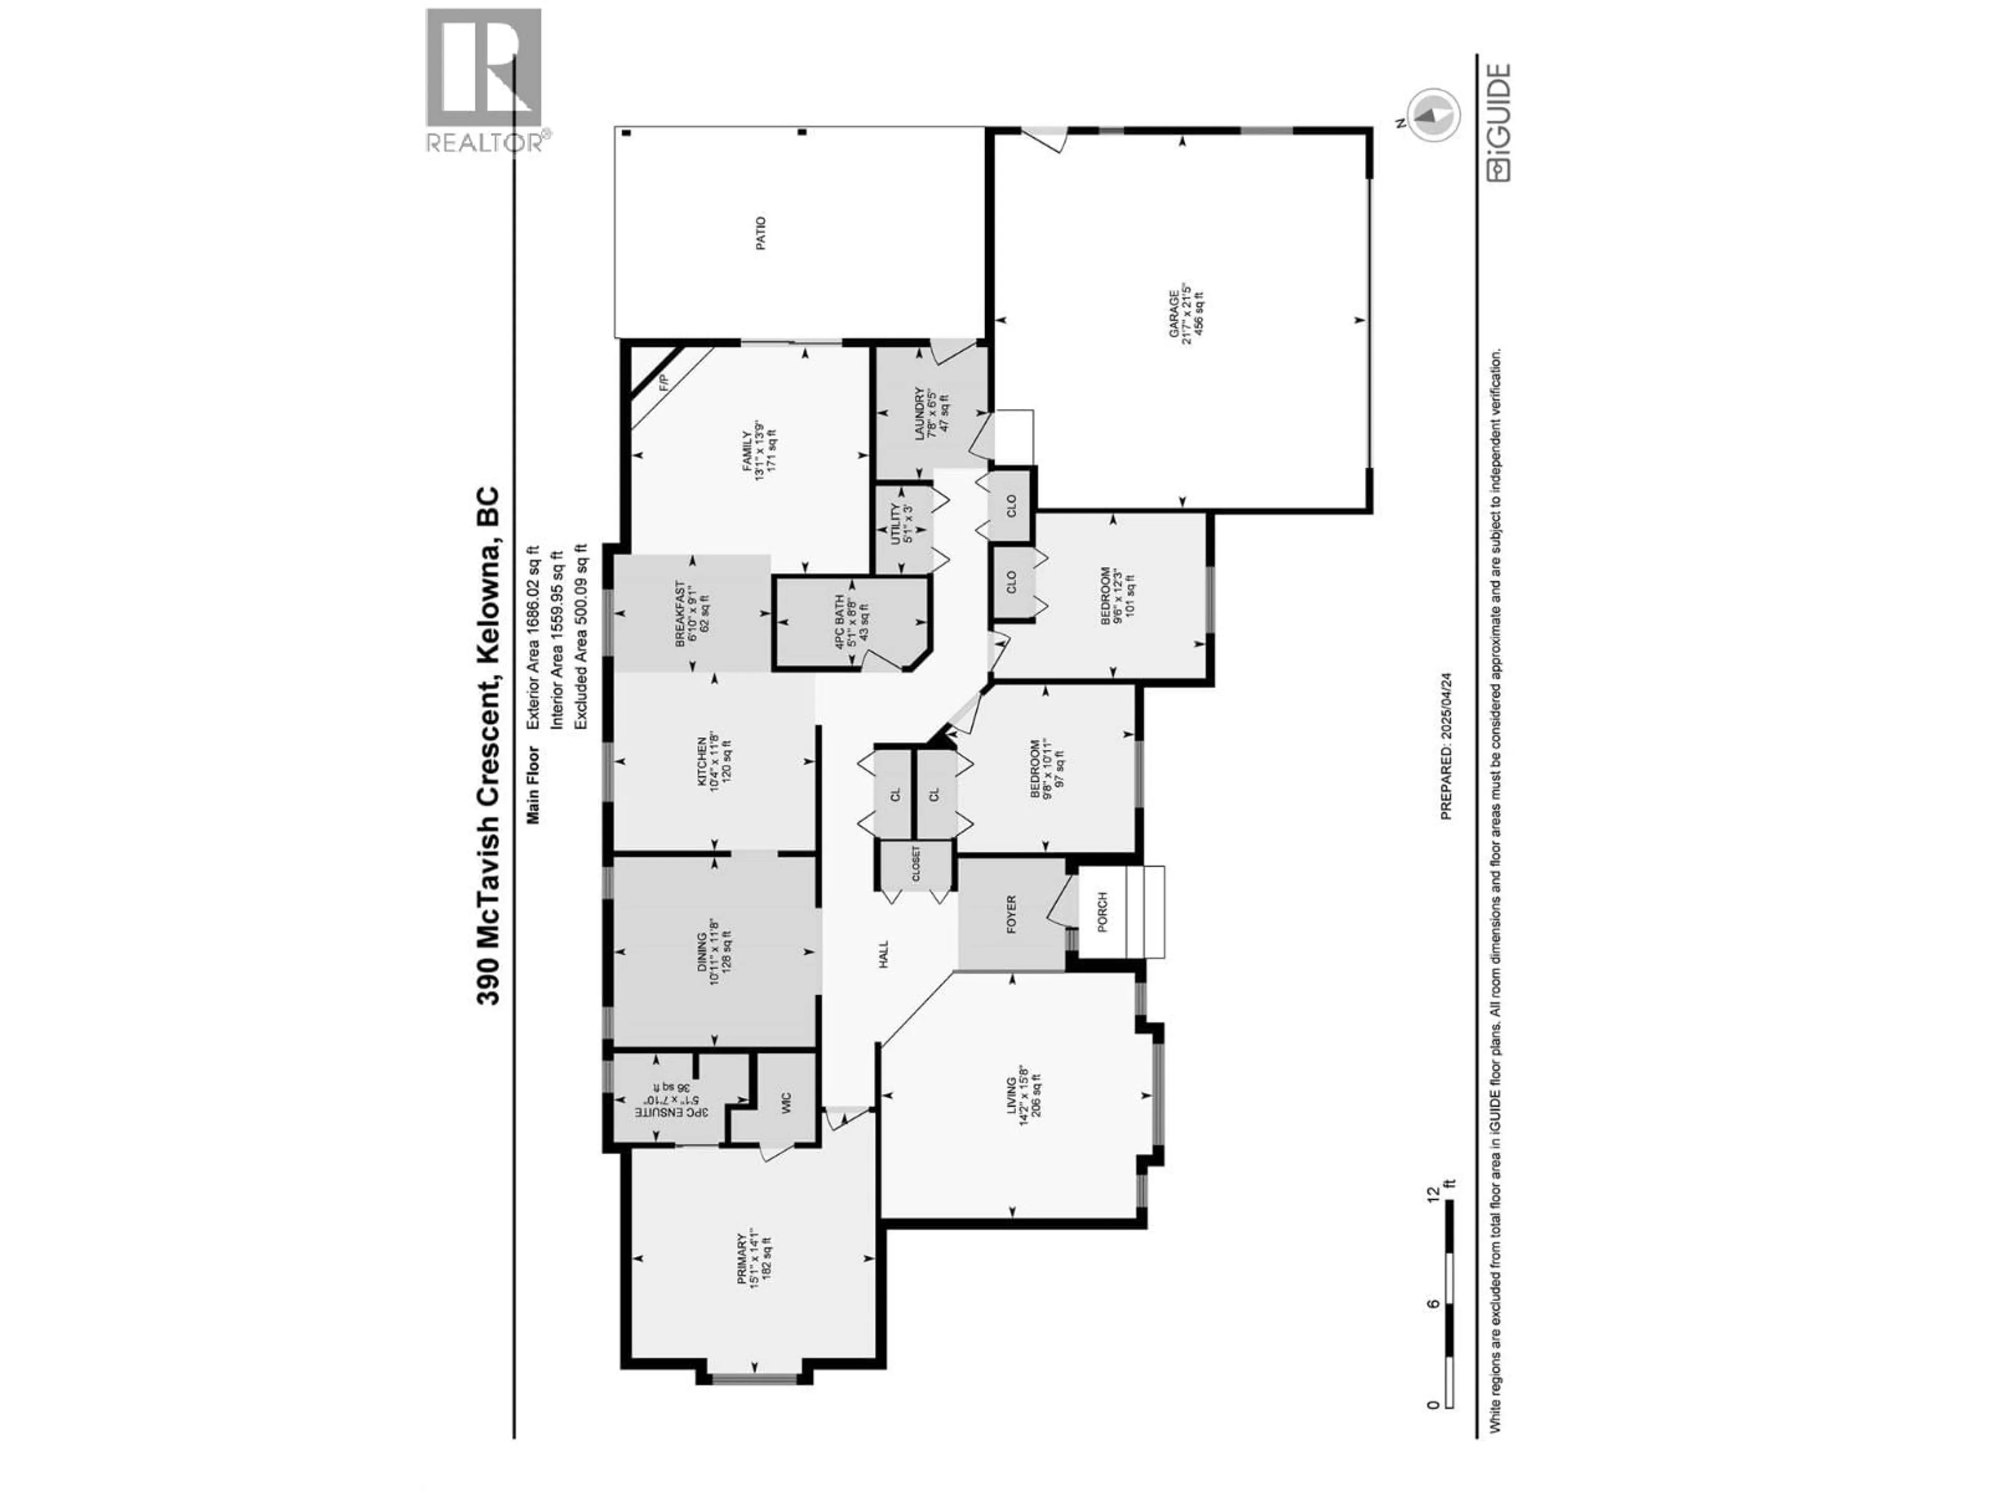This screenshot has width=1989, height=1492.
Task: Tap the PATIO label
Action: click(x=761, y=233)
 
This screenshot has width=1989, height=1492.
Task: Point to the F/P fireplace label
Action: click(x=665, y=381)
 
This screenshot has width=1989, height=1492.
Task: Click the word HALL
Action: click(x=883, y=954)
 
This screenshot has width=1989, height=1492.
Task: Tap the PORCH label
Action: click(x=1102, y=912)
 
